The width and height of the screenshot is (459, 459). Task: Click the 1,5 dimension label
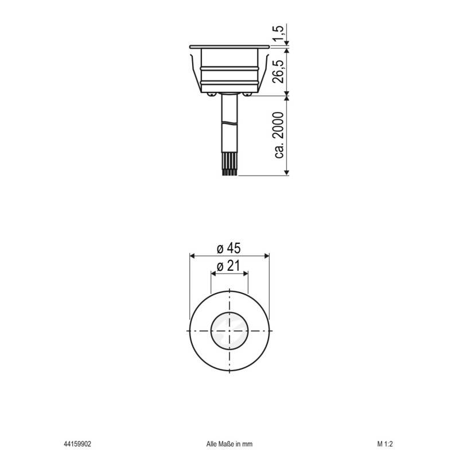279,34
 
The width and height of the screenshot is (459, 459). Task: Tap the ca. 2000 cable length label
279,135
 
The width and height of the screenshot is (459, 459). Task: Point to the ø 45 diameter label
228,248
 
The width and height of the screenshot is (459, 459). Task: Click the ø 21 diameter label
229,266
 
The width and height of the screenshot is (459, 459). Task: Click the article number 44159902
77,444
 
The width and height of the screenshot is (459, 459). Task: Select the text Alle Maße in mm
229,444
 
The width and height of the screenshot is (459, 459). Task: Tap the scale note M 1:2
385,444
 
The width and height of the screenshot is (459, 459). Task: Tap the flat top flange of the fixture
229,46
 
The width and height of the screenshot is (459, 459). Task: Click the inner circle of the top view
229,332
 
